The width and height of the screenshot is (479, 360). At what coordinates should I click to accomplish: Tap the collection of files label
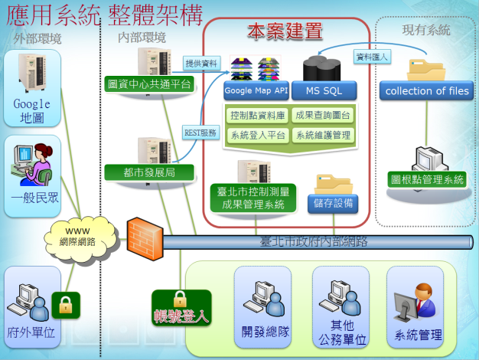(427, 91)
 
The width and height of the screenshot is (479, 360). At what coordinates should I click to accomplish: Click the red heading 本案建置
(284, 31)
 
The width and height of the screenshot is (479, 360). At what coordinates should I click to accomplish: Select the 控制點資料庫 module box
(256, 116)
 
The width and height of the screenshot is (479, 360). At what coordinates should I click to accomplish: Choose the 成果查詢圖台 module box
(323, 116)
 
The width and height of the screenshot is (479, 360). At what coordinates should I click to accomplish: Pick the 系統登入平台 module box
(256, 135)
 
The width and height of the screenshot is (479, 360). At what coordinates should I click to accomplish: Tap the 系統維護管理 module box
(323, 135)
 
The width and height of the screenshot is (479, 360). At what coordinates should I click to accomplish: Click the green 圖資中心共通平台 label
(149, 83)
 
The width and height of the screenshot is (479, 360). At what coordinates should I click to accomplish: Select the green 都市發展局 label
(149, 172)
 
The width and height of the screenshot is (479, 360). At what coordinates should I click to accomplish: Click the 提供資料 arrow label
(200, 63)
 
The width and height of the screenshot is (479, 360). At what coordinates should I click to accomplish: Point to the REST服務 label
(200, 133)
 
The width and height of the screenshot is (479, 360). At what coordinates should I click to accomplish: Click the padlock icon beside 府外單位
(66, 304)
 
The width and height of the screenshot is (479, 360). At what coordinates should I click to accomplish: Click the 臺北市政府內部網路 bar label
(314, 241)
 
